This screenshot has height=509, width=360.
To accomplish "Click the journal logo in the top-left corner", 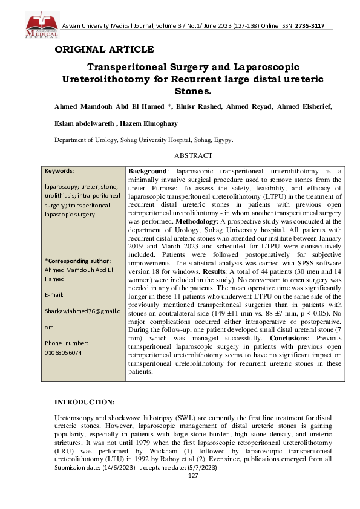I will [42, 25].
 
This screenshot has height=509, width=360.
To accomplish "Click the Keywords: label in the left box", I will [59, 171].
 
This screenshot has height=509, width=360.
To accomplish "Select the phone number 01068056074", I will [64, 352].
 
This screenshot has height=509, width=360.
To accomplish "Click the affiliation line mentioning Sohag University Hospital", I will [144, 140].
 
